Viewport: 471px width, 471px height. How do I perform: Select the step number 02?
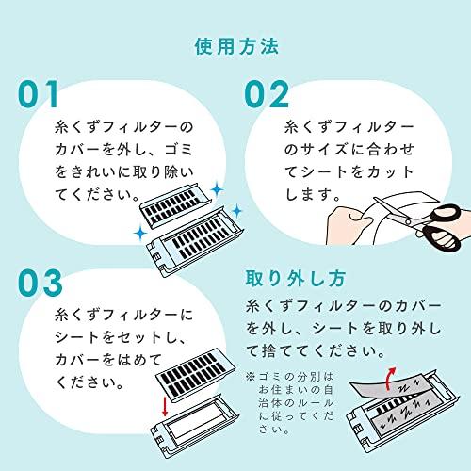(x=276, y=95)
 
